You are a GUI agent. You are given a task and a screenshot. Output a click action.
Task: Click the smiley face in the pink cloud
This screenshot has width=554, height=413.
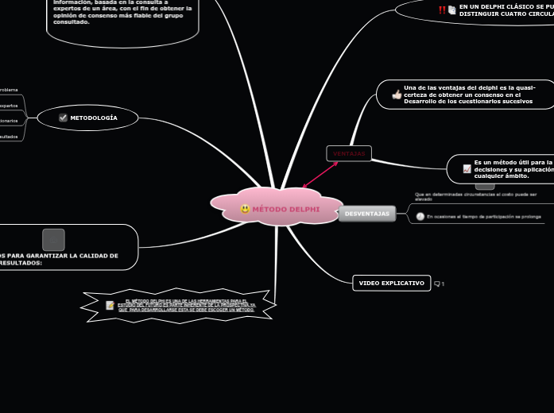[x=245, y=209]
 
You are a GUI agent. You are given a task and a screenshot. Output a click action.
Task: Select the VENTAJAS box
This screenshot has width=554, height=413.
[x=349, y=153]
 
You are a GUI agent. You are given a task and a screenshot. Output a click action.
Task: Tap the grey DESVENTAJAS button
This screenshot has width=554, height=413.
[x=367, y=214]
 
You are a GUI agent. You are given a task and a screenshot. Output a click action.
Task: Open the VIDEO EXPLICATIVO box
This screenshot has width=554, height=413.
[x=391, y=283]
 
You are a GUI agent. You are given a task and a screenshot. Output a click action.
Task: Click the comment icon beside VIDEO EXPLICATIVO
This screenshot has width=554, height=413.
[x=437, y=284]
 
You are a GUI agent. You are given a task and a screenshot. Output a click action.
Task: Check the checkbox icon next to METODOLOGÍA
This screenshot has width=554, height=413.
[x=63, y=118]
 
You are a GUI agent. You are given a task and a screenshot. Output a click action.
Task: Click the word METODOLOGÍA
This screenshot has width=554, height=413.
[x=94, y=118]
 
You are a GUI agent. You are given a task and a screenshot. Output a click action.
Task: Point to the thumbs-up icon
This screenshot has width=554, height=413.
[x=397, y=95]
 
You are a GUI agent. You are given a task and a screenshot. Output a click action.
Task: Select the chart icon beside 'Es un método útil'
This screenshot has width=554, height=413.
[x=467, y=168]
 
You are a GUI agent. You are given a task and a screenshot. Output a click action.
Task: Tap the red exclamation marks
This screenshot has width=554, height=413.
[x=442, y=10]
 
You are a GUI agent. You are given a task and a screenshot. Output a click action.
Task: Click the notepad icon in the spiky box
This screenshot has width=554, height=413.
[x=110, y=305]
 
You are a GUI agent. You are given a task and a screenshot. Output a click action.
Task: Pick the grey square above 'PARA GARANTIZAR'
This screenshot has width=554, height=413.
[x=53, y=239]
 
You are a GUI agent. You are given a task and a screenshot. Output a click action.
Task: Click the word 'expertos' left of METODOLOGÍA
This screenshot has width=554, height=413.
[x=9, y=105]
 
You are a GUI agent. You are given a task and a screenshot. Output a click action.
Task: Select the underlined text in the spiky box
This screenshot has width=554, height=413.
[x=187, y=306]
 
